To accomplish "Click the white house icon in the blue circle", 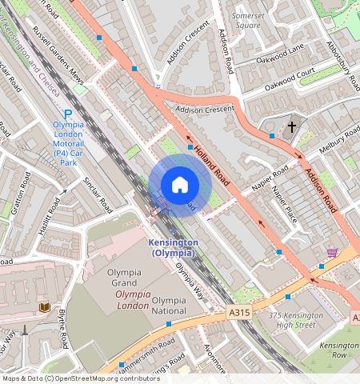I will pyautogui.click(x=180, y=185).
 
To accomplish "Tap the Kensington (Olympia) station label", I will pyautogui.click(x=172, y=247).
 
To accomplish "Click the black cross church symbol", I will pyautogui.click(x=292, y=126).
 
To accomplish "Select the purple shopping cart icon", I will pyautogui.click(x=332, y=253).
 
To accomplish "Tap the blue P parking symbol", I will pyautogui.click(x=69, y=114).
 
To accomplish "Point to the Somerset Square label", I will pyautogui.click(x=246, y=20).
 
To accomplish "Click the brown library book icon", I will pyautogui.click(x=42, y=307).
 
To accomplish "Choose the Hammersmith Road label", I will pyautogui.click(x=142, y=349).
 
